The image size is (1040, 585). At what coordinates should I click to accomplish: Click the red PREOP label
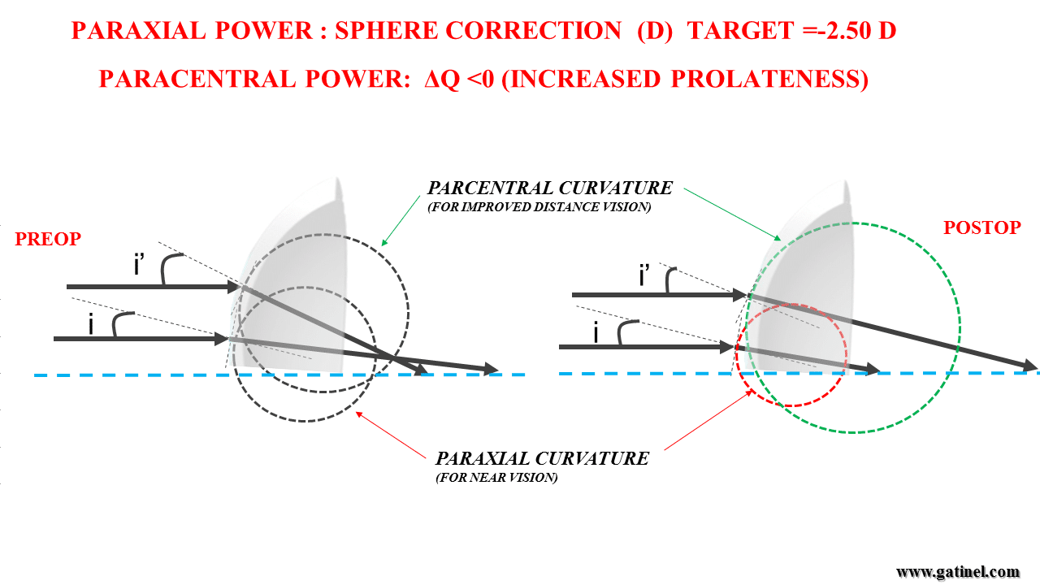point(48,239)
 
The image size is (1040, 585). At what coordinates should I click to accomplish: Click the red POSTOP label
point(982,227)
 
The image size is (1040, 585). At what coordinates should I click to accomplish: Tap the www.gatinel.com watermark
point(957,572)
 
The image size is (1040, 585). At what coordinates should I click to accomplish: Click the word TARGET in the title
point(740,31)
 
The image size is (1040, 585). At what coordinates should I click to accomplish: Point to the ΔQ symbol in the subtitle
point(441,79)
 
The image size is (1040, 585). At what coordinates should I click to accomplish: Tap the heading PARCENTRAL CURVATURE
point(550,188)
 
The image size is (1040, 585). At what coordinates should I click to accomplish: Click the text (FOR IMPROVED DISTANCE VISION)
point(539,207)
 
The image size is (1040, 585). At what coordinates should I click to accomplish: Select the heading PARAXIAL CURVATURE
point(542,459)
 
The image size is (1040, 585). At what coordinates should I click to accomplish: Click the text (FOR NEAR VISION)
point(496,478)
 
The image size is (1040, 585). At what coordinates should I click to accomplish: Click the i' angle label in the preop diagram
point(139,265)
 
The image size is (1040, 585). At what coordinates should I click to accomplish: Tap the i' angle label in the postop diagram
point(644,275)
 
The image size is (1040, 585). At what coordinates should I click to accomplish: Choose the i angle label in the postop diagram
point(596,332)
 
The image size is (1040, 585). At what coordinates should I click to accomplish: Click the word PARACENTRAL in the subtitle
point(197,79)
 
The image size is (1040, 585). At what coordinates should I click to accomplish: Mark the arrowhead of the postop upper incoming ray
point(739,294)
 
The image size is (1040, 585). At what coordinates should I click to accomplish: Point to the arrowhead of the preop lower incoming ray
point(222,339)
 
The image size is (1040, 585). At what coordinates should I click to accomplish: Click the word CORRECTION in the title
point(534,31)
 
